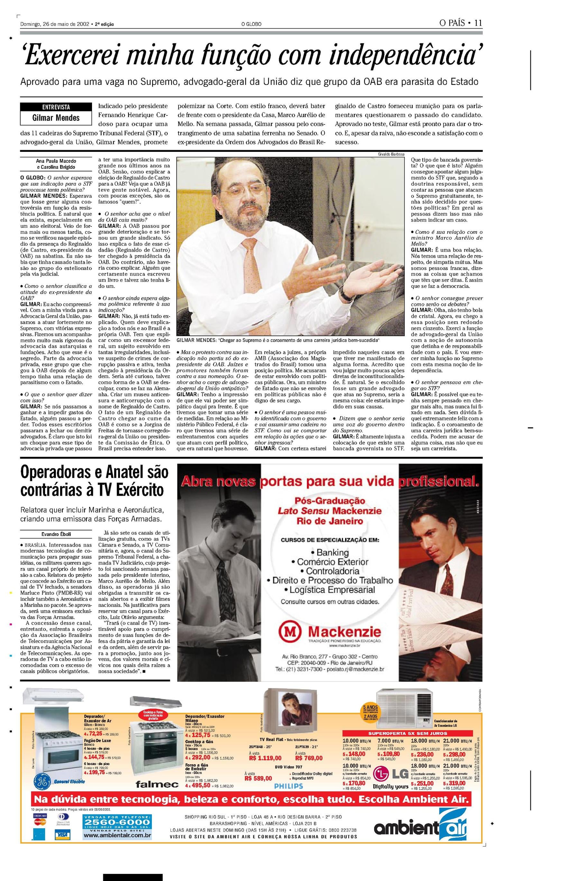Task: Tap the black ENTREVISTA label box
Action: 56,107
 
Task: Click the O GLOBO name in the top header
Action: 251,24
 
